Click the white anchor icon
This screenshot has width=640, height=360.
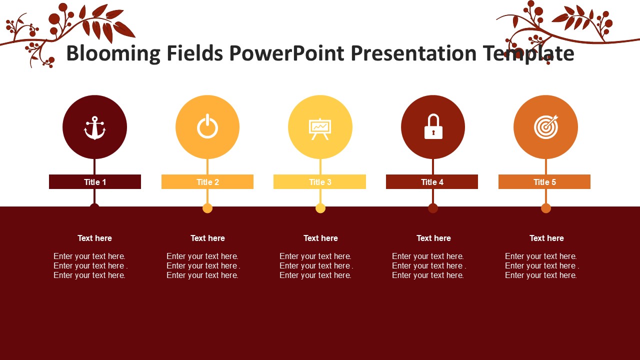pyautogui.click(x=95, y=128)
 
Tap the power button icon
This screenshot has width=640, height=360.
pyautogui.click(x=207, y=126)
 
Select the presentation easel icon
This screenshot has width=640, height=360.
pyautogui.click(x=320, y=129)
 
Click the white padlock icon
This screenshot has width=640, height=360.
pyautogui.click(x=433, y=126)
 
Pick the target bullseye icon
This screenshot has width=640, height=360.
pyautogui.click(x=546, y=127)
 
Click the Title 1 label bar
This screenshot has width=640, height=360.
pyautogui.click(x=95, y=181)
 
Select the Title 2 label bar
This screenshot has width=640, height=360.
pyautogui.click(x=207, y=181)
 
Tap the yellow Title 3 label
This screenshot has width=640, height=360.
pyautogui.click(x=319, y=181)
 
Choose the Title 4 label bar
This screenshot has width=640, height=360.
pyautogui.click(x=432, y=181)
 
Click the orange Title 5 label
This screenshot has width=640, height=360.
pyautogui.click(x=544, y=181)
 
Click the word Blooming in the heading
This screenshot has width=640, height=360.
pyautogui.click(x=113, y=54)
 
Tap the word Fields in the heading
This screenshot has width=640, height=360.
pyautogui.click(x=195, y=53)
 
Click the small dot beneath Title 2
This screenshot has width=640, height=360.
pyautogui.click(x=207, y=208)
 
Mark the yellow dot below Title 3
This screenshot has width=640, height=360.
pyautogui.click(x=320, y=208)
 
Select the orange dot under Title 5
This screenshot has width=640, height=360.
pyautogui.click(x=546, y=208)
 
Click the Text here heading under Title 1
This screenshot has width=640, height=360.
pyautogui.click(x=95, y=238)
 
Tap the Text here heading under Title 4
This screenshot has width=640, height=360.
pyautogui.click(x=433, y=238)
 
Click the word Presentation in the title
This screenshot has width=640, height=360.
pyautogui.click(x=413, y=53)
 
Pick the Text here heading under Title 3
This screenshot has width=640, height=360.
pyautogui.click(x=320, y=238)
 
